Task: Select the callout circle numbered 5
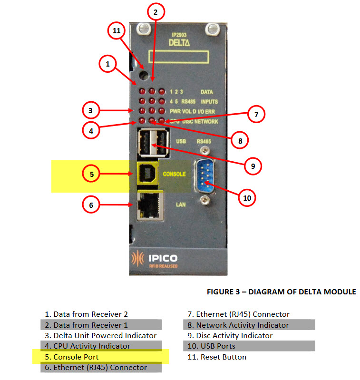(x=91, y=175)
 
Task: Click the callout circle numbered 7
(x=256, y=114)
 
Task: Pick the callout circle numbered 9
(x=253, y=166)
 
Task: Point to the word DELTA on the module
(x=179, y=42)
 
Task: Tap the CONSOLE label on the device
(x=174, y=174)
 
